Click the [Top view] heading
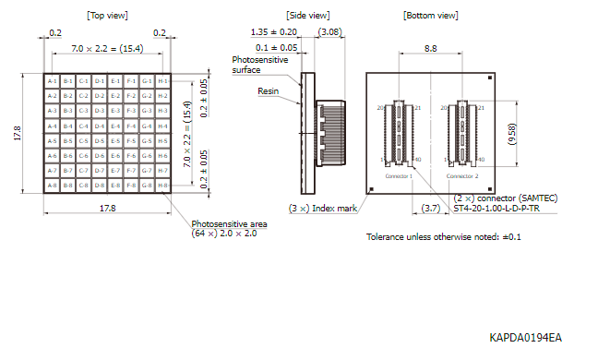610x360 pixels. point(107,16)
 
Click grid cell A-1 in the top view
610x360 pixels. point(52,81)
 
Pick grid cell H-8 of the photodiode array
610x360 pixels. point(163,186)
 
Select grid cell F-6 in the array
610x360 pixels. point(131,156)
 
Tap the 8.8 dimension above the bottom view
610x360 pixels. point(431,46)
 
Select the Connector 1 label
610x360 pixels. point(399,174)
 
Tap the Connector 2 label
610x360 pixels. point(462,174)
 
